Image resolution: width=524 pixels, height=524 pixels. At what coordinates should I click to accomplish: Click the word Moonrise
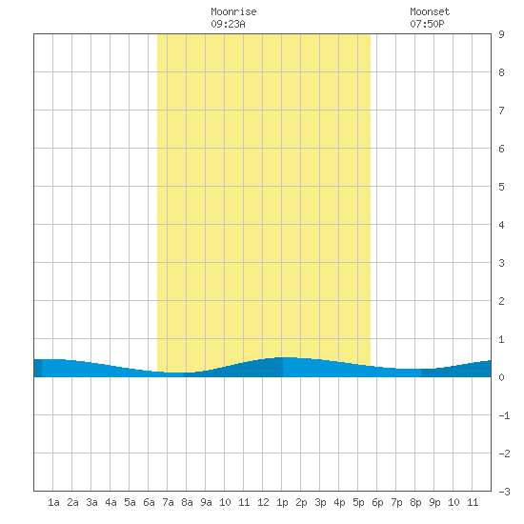pos(233,11)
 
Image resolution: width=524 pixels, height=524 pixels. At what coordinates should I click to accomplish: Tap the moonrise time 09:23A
pos(228,24)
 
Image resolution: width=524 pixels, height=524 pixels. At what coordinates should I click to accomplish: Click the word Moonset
pos(430,11)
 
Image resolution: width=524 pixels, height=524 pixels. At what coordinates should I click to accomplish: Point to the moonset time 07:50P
pos(427,24)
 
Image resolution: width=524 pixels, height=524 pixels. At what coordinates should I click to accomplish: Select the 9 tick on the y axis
pos(501,34)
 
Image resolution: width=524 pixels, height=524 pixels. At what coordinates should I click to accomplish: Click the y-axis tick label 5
pos(501,187)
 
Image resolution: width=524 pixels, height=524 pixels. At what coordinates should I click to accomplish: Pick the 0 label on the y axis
pos(501,377)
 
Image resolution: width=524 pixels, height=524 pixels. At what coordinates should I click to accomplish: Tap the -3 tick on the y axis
pos(504,492)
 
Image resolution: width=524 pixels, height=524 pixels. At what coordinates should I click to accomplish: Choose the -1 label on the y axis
pos(504,415)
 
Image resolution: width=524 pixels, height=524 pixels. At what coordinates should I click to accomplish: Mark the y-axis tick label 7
pos(501,111)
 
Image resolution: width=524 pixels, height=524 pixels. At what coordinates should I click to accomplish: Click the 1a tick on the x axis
pos(53,502)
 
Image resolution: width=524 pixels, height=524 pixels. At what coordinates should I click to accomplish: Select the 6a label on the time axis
pos(149,502)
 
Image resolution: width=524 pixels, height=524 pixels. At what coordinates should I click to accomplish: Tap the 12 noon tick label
pos(263,502)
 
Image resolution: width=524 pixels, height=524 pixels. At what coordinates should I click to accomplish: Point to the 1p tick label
pos(282,502)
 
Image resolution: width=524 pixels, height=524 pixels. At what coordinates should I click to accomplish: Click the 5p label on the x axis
pos(358,502)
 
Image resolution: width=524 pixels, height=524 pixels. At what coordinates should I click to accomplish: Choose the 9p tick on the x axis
pos(434,502)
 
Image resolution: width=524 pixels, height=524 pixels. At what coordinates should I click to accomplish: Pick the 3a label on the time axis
pos(91,502)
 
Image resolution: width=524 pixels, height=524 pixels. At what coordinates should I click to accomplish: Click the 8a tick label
pos(187,502)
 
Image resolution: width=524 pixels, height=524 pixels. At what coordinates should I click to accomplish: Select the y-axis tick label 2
pos(501,301)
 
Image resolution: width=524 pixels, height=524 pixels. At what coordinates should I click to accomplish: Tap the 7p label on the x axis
pos(396,502)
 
